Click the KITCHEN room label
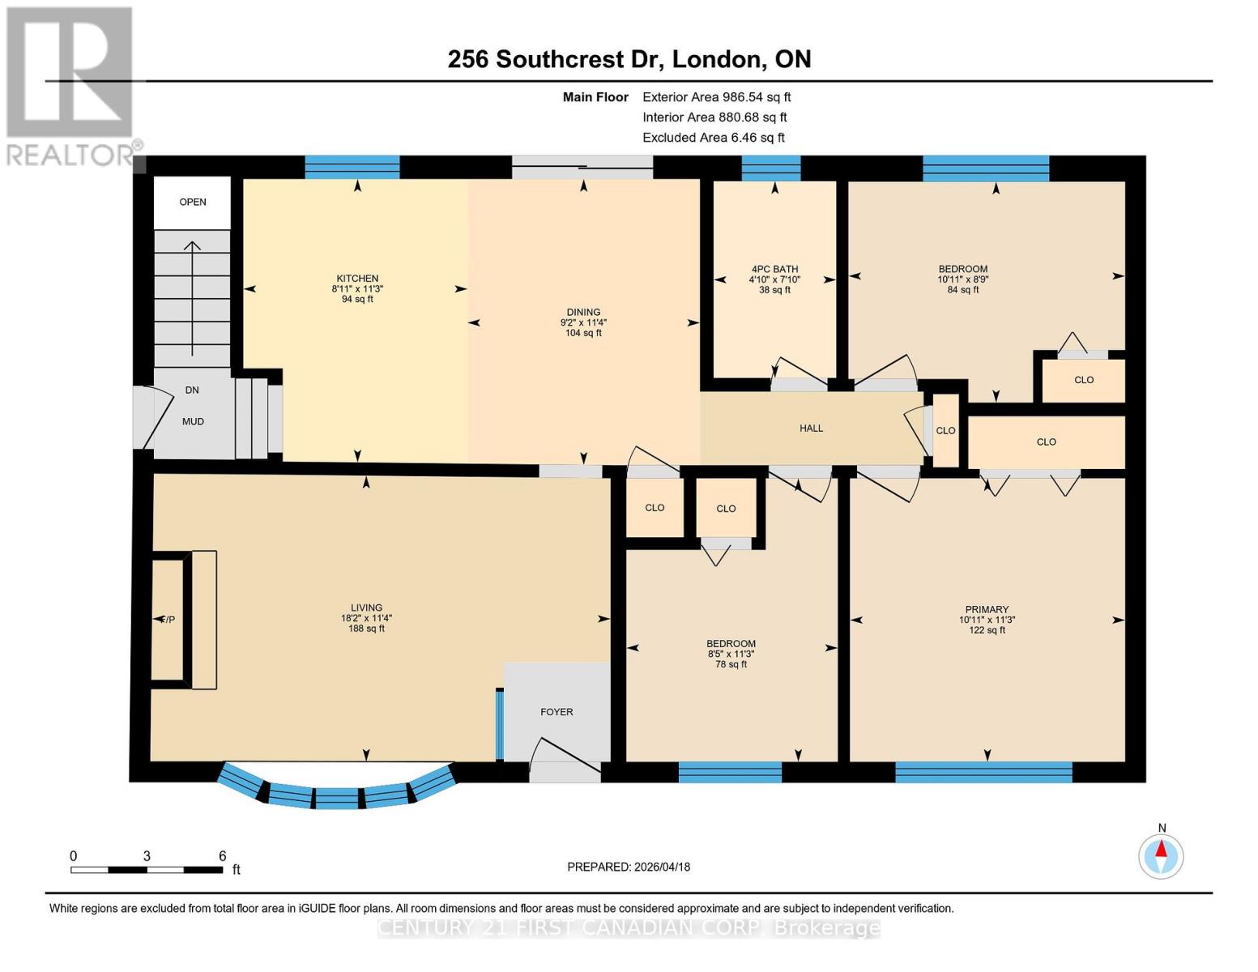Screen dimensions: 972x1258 point(357,279)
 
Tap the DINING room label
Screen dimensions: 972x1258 point(583,313)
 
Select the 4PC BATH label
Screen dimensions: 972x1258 point(774,270)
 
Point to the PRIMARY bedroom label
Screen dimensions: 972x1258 point(987,610)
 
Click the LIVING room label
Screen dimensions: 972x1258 point(366,608)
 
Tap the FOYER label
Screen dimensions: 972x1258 point(557,712)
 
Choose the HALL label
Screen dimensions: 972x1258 point(811,428)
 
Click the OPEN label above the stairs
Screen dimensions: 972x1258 point(193,202)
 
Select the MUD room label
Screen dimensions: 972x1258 point(193,422)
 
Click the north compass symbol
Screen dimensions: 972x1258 point(1161,855)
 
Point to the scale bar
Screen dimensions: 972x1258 point(147,870)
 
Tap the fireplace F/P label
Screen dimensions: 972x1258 point(167,620)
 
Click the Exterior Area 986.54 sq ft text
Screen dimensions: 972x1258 point(716,97)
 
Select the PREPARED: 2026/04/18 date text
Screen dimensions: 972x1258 point(629,867)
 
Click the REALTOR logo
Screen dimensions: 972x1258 point(71,85)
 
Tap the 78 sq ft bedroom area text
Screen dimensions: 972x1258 point(731,665)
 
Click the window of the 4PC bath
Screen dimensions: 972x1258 point(771,168)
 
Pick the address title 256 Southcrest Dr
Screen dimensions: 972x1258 point(629,59)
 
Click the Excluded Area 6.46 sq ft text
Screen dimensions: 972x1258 point(713,138)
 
